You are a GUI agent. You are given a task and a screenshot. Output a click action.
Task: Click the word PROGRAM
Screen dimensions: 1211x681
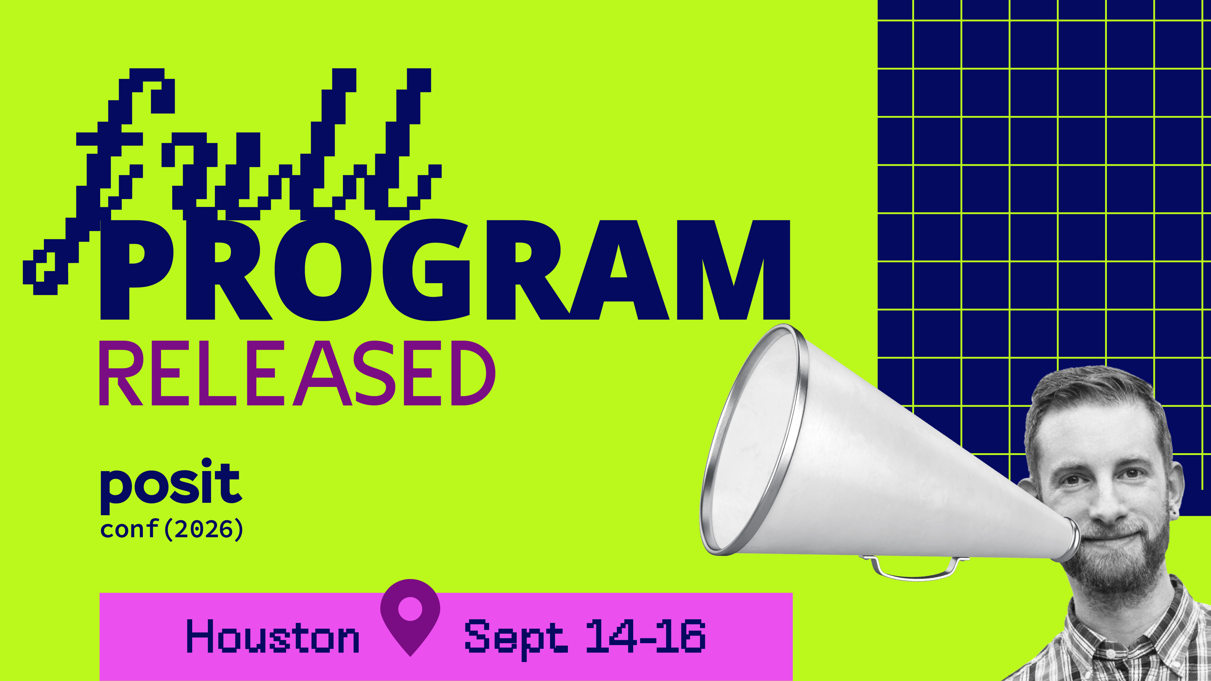click(445, 270)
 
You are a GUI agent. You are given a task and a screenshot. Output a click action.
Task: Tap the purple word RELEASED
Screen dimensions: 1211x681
click(297, 374)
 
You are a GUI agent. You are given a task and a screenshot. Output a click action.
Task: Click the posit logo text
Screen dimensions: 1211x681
click(171, 486)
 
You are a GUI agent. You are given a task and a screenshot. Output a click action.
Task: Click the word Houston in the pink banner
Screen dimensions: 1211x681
click(273, 636)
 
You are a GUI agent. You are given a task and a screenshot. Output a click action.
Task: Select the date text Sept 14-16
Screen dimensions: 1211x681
click(585, 637)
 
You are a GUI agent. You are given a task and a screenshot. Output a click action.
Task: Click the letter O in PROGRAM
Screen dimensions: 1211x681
click(324, 270)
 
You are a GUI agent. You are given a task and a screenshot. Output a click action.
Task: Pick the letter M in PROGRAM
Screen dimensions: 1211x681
click(733, 270)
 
